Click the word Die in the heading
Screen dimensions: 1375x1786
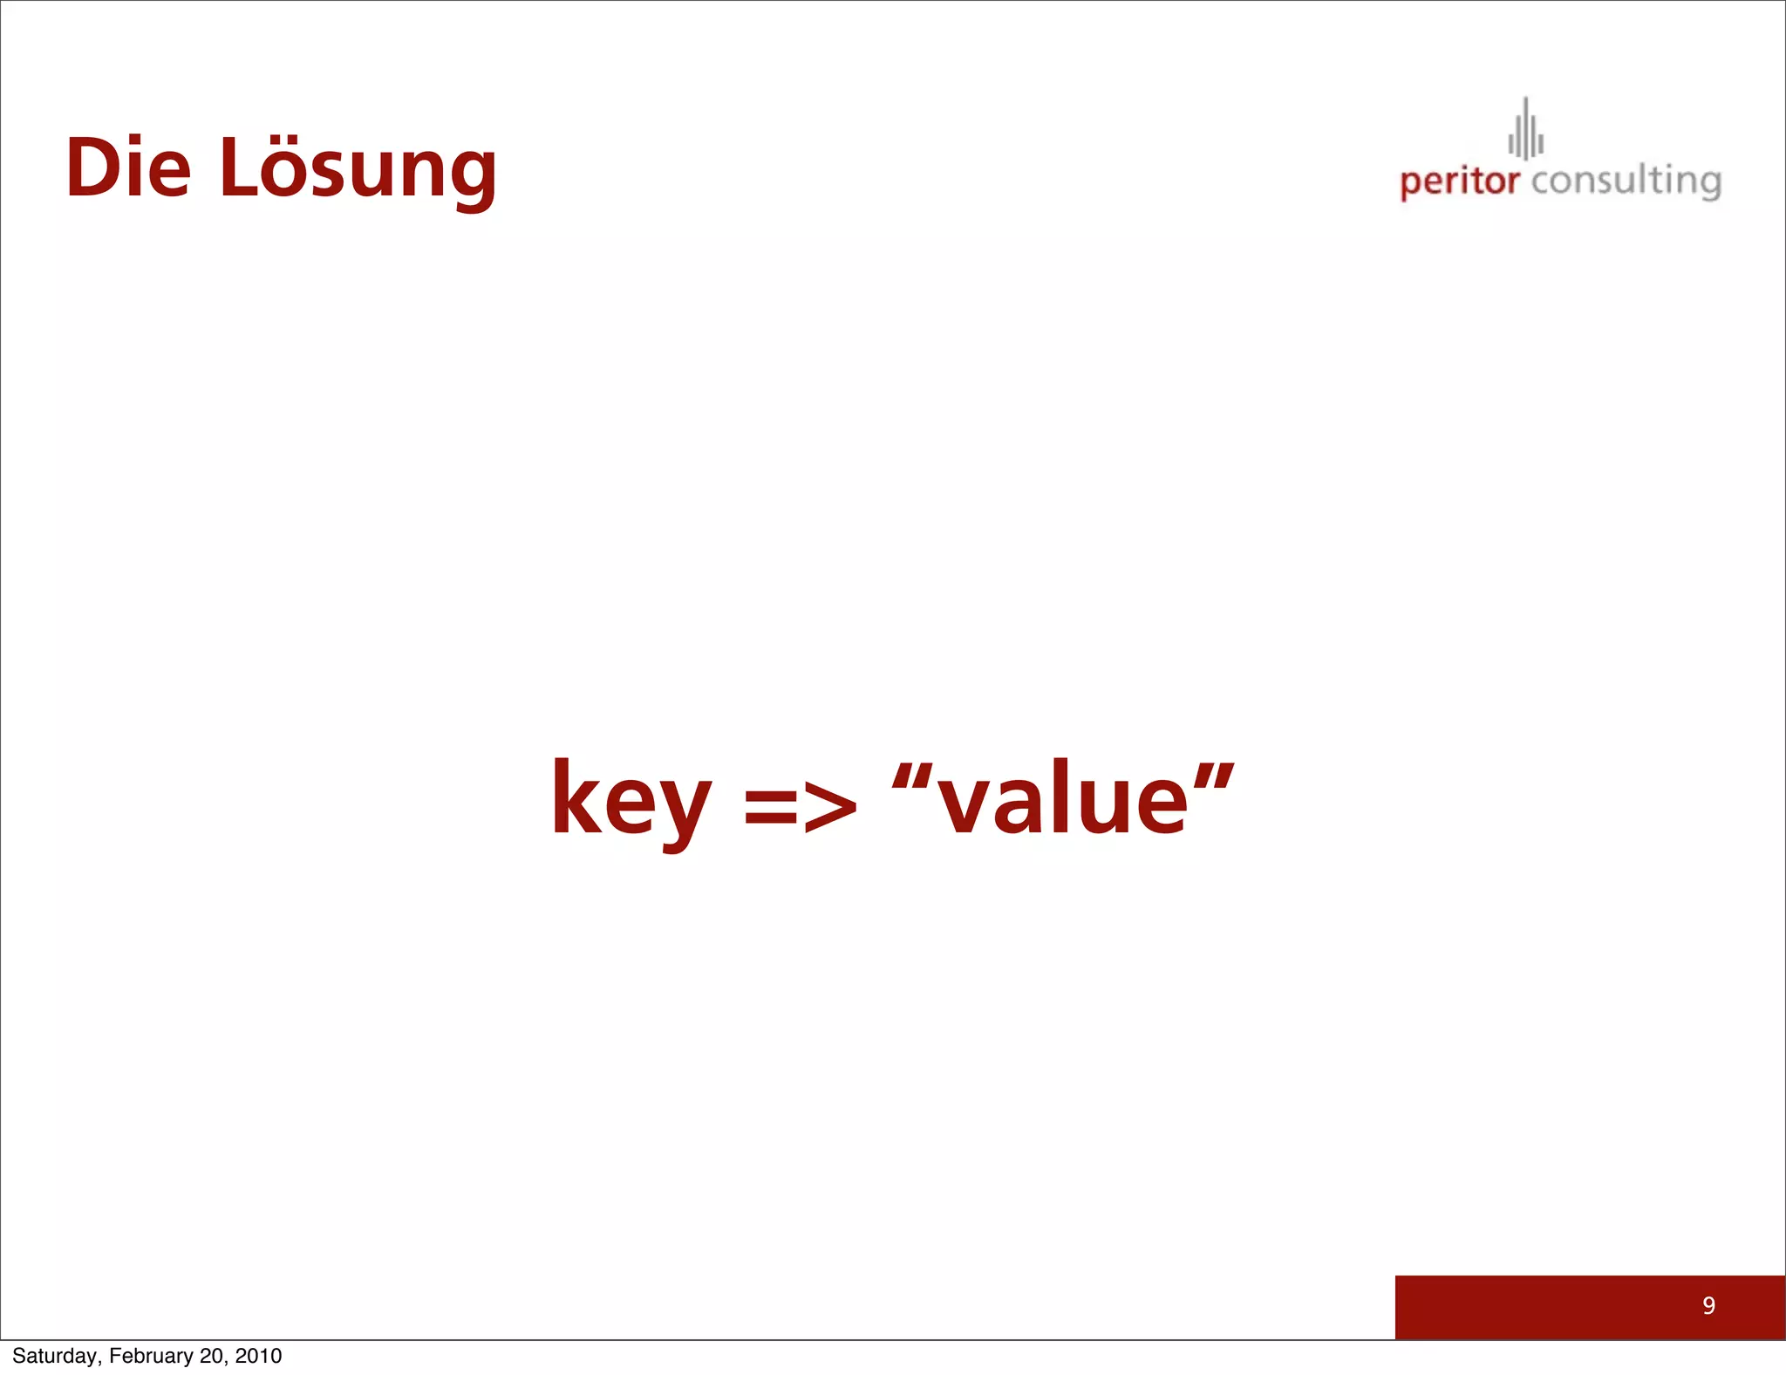click(x=128, y=168)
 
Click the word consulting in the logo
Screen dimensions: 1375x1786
click(x=1626, y=181)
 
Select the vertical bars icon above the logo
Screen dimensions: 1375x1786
click(x=1526, y=131)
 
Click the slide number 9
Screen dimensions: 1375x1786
click(x=1708, y=1305)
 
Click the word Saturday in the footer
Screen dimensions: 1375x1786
click(x=56, y=1356)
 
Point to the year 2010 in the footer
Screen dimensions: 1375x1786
click(x=258, y=1356)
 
